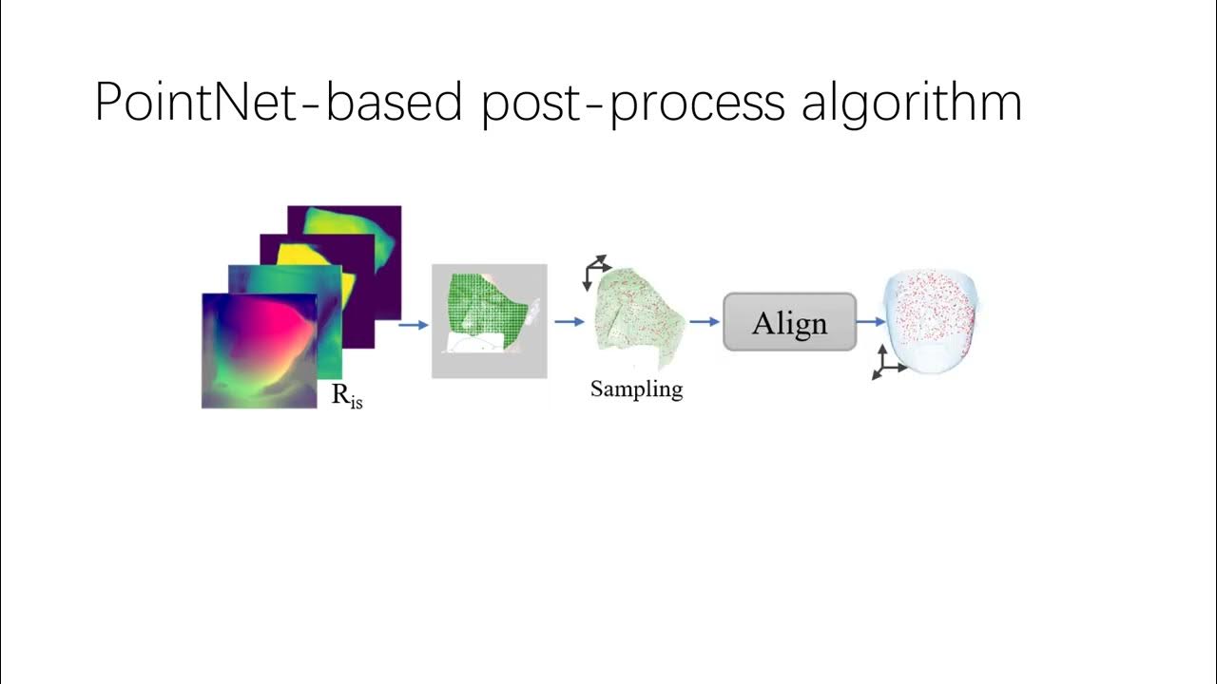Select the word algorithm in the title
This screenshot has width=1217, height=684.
pyautogui.click(x=911, y=103)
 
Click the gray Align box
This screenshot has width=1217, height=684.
pyautogui.click(x=789, y=322)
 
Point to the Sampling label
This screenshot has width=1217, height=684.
pyautogui.click(x=636, y=389)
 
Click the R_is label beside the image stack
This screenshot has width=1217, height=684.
pyautogui.click(x=347, y=396)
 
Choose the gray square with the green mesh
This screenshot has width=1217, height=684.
pyautogui.click(x=489, y=321)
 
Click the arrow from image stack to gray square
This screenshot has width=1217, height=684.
pyautogui.click(x=413, y=325)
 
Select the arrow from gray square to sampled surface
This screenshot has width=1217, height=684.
pyautogui.click(x=569, y=322)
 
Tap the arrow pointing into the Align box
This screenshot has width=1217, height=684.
pyautogui.click(x=704, y=322)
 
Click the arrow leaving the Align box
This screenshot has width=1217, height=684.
pyautogui.click(x=870, y=322)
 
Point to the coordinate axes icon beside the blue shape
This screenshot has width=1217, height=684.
pyautogui.click(x=886, y=362)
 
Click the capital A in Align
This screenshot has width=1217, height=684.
pyautogui.click(x=763, y=323)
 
